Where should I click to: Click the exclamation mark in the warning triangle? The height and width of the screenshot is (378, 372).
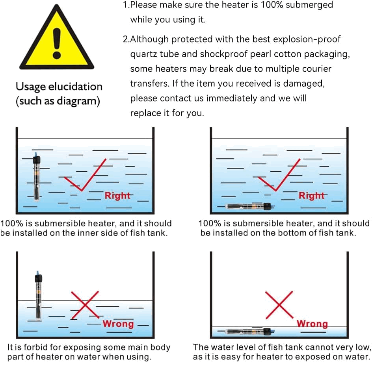coord(57,43)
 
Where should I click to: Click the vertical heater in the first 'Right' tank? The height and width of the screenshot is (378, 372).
coord(36,176)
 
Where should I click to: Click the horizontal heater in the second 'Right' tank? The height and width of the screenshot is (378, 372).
coord(250,207)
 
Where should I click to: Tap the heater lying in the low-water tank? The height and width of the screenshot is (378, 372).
coord(250,332)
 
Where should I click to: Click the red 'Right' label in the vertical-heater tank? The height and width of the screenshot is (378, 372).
coord(117,196)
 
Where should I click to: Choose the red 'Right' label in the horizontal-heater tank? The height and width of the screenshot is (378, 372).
coord(311,196)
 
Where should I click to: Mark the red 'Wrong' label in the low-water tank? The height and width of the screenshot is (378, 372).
coord(312,324)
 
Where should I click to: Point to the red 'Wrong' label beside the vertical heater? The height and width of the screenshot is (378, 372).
coord(118,324)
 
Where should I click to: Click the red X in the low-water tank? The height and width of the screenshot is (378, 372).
coord(279,305)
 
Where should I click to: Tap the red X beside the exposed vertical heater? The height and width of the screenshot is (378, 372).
coord(85,305)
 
